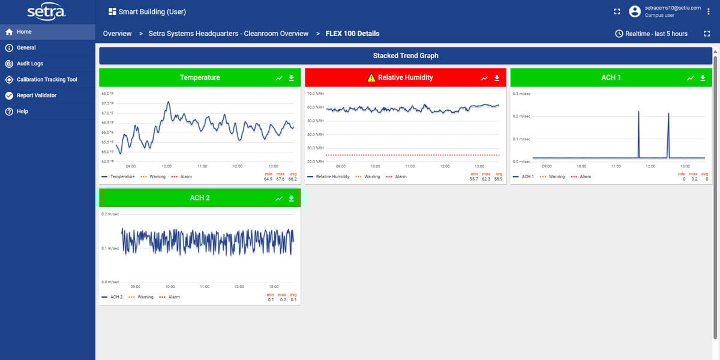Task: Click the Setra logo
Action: [47, 12]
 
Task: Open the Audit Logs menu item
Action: [29, 64]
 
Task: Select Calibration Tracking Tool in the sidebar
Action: [47, 79]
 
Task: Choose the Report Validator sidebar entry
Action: [36, 95]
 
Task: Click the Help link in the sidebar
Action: [22, 112]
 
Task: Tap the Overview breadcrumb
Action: [117, 34]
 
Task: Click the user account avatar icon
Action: [635, 11]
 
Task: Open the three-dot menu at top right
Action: [709, 11]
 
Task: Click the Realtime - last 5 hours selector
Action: [652, 34]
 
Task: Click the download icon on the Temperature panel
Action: [292, 78]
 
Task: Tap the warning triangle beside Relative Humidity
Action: [371, 77]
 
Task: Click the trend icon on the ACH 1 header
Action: [690, 78]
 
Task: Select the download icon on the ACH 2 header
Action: [292, 199]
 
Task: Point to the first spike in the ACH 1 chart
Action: [638, 112]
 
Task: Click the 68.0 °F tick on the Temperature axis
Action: [107, 94]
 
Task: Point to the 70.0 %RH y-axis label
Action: [315, 94]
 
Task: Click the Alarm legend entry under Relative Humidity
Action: [397, 177]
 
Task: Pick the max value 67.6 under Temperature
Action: [280, 179]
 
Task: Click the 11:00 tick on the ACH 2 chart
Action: [204, 287]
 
